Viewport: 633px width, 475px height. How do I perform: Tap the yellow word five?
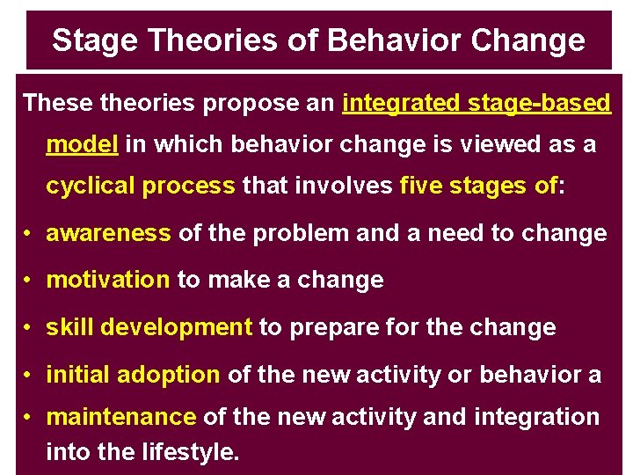(x=418, y=186)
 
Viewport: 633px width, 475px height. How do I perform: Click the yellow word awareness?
(x=108, y=233)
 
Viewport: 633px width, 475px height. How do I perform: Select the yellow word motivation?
(x=107, y=281)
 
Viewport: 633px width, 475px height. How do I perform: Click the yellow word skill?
(x=69, y=328)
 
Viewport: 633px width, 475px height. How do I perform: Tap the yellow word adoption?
(x=168, y=376)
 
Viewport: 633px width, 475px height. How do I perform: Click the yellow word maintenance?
(x=120, y=417)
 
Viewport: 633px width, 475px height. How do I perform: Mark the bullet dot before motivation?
(x=29, y=281)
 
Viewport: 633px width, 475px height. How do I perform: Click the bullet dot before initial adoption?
(x=29, y=376)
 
